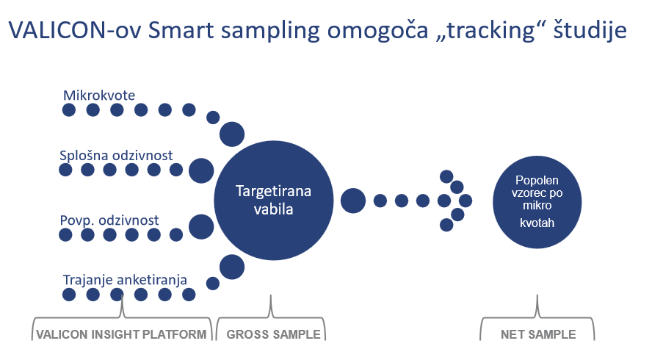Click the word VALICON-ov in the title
pyautogui.click(x=76, y=30)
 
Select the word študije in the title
pyautogui.click(x=590, y=31)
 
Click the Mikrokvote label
pyautogui.click(x=99, y=96)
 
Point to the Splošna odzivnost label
pyautogui.click(x=116, y=156)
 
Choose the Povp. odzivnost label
pyautogui.click(x=109, y=220)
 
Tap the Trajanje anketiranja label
pyautogui.click(x=125, y=280)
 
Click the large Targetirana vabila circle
pyautogui.click(x=274, y=200)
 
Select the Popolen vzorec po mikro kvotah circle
pyautogui.click(x=537, y=202)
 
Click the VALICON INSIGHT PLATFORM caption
pyautogui.click(x=121, y=334)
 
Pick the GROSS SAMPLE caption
pyautogui.click(x=273, y=334)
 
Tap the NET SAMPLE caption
pyautogui.click(x=538, y=334)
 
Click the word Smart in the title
pyautogui.click(x=181, y=30)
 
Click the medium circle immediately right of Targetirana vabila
pyautogui.click(x=353, y=201)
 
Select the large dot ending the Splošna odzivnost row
pyautogui.click(x=201, y=170)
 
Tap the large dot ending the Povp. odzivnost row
pyautogui.click(x=201, y=227)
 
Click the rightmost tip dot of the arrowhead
pyautogui.click(x=466, y=201)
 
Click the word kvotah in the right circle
pyautogui.click(x=537, y=223)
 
